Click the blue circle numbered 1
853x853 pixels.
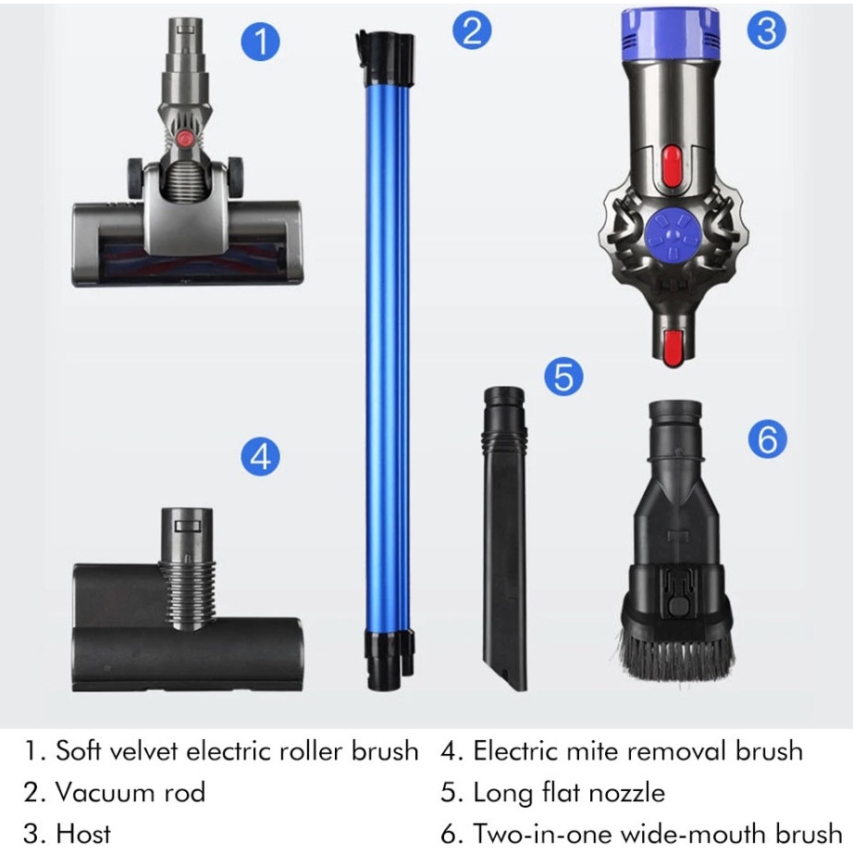coord(261,43)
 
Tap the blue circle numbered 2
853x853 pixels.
coord(472,31)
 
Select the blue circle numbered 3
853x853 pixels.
coord(766,31)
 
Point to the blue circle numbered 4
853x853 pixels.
coord(261,456)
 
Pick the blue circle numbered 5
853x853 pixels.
coord(563,377)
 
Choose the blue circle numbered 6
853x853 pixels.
coord(767,439)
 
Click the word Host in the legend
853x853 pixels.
coord(83,833)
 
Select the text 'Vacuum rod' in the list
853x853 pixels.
coord(130,792)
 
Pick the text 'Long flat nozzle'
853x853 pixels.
coord(568,792)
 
